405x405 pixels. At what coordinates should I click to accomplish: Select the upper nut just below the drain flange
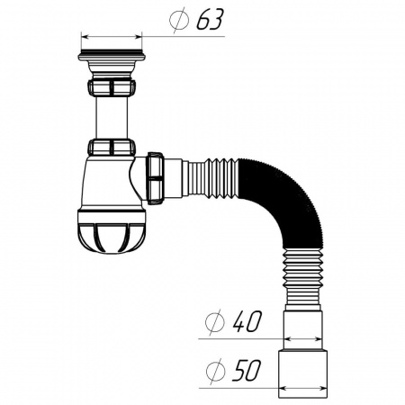tap(112, 87)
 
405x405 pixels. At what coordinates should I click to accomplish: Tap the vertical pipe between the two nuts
tap(112, 117)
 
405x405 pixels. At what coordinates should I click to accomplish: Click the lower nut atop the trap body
tap(112, 148)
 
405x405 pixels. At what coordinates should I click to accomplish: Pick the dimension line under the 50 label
tap(234, 389)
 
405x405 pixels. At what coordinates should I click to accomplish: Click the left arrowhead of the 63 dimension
tap(84, 37)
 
